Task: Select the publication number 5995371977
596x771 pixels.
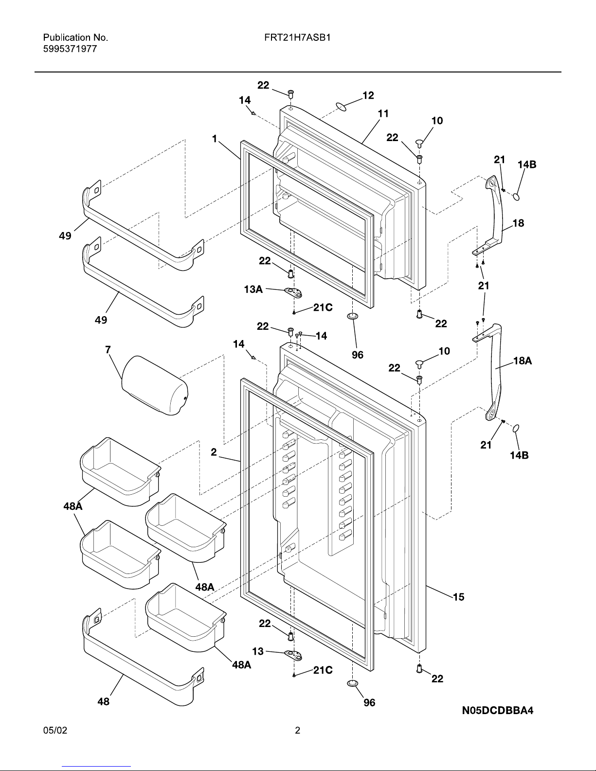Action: point(70,49)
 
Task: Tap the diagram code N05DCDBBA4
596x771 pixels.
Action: point(498,710)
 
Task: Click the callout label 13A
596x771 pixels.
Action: point(253,290)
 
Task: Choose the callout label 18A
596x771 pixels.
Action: point(523,361)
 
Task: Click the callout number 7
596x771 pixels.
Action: point(108,349)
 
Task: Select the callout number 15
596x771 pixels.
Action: point(458,596)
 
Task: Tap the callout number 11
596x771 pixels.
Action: point(383,113)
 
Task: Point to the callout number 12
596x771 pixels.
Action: point(368,95)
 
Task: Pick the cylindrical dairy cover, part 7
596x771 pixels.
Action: point(154,385)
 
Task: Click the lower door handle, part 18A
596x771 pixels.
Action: point(494,375)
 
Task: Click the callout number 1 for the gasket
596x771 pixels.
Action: point(214,139)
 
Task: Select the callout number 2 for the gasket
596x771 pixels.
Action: point(214,452)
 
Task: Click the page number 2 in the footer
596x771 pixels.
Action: point(298,730)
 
